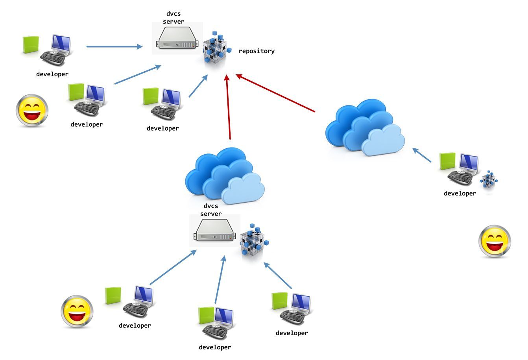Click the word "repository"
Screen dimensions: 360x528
[x=257, y=51]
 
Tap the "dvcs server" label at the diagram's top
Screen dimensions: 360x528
[x=174, y=18]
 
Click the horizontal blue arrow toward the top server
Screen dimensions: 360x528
[x=114, y=47]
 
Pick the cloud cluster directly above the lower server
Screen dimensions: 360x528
[x=224, y=176]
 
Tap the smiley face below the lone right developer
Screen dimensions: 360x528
[x=495, y=241]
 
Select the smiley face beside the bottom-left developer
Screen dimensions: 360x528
[x=77, y=312]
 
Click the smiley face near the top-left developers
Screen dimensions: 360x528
[x=32, y=110]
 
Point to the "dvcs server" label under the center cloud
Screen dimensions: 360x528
[x=211, y=210]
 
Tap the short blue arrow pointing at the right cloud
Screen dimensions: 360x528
[x=422, y=155]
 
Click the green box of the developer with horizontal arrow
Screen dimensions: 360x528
[x=31, y=44]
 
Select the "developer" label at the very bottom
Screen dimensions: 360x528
[x=215, y=347]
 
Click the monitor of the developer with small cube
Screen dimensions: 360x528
[x=469, y=162]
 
